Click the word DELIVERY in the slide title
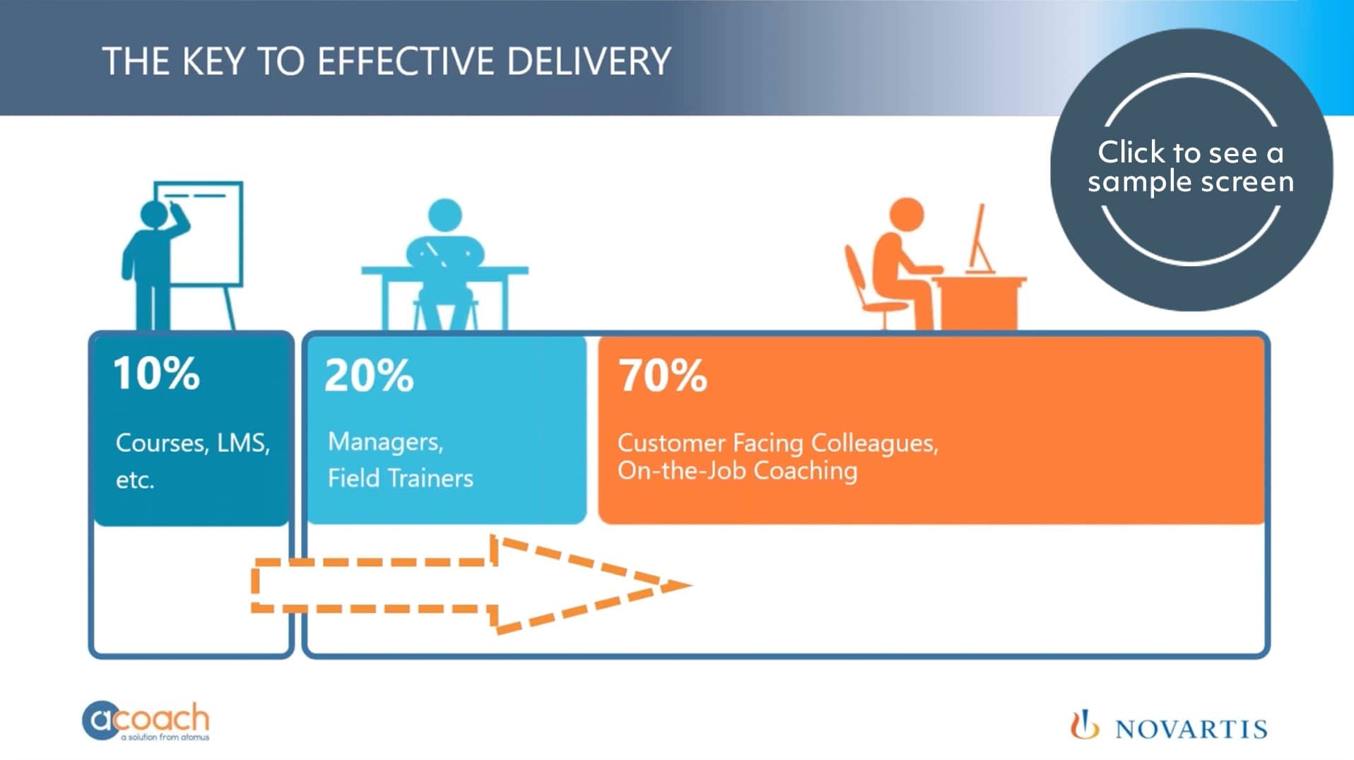pyautogui.click(x=589, y=61)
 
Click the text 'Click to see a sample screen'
pyautogui.click(x=1191, y=167)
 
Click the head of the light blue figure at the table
pyautogui.click(x=445, y=215)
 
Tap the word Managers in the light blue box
pyautogui.click(x=385, y=442)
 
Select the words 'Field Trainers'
pyautogui.click(x=400, y=479)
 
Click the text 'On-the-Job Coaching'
pyautogui.click(x=737, y=471)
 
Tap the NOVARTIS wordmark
pyautogui.click(x=1191, y=729)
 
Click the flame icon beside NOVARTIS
pyautogui.click(x=1083, y=725)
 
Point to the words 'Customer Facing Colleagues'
pyautogui.click(x=777, y=443)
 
